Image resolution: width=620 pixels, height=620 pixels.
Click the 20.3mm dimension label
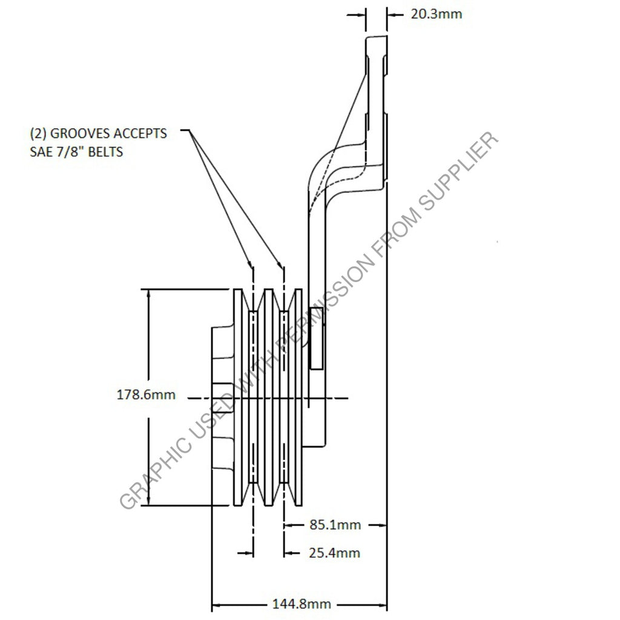pos(436,13)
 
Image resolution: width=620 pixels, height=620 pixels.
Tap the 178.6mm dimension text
pos(146,395)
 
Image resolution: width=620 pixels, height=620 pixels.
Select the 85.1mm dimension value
pos(335,525)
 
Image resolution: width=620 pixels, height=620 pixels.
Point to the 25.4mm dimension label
pos(335,552)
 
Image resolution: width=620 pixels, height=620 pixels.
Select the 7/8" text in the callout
pos(69,151)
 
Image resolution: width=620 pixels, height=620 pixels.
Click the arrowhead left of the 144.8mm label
pos(217,604)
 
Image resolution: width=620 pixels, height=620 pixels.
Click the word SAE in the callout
pos(41,151)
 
